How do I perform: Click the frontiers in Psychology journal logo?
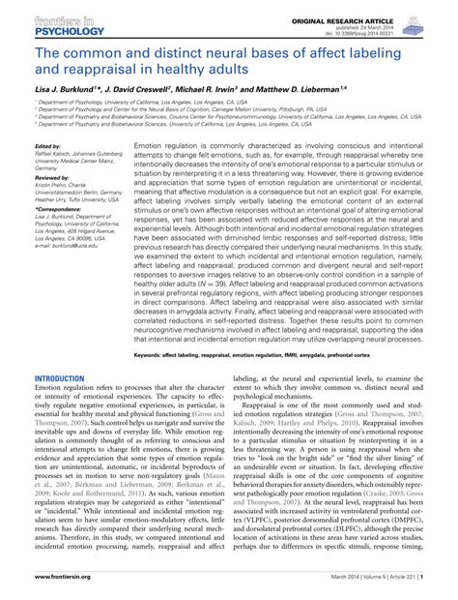point(43,22)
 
